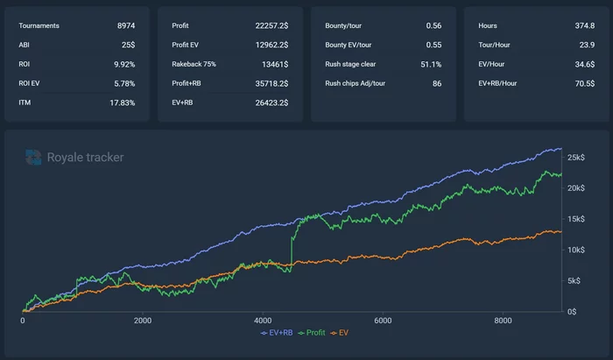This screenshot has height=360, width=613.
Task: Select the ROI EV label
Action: tap(31, 83)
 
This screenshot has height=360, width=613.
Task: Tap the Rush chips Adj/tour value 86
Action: tap(436, 83)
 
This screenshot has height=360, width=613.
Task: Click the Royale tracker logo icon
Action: tap(33, 158)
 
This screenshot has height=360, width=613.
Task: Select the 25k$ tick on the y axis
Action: tap(576, 158)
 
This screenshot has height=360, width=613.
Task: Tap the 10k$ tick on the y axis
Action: tap(576, 250)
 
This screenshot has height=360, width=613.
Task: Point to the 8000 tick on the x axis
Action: tap(502, 321)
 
